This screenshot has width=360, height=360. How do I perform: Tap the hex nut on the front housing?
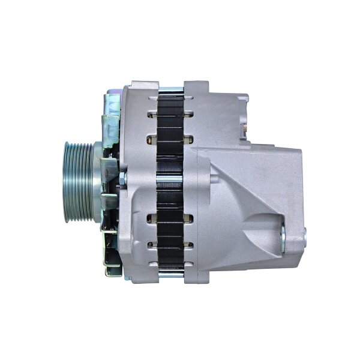[122, 178]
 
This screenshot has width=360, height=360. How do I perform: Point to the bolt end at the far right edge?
[304, 236]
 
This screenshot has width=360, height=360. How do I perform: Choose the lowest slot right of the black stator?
[188, 245]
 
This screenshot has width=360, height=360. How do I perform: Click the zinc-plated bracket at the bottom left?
[112, 255]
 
